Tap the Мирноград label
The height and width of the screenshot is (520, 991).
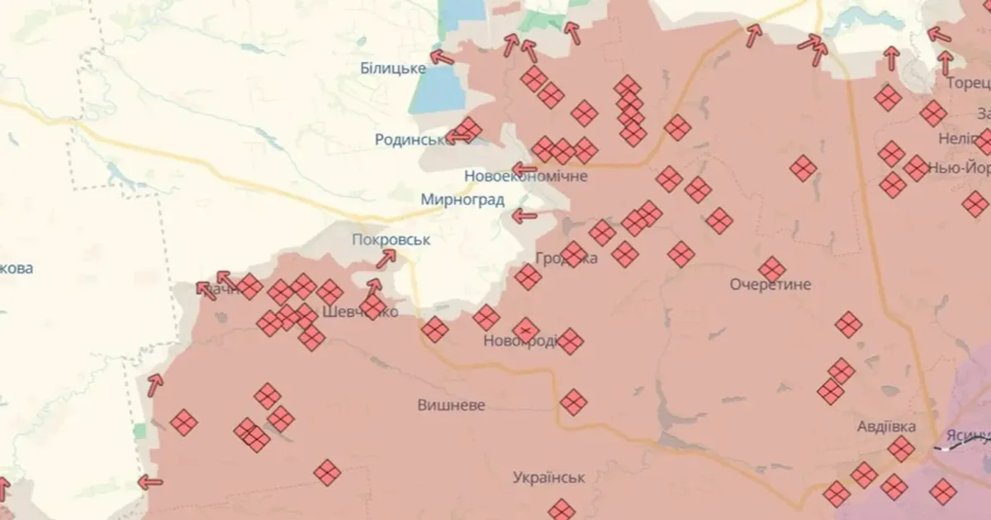[x=462, y=199]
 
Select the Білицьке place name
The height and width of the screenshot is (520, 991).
[x=393, y=68]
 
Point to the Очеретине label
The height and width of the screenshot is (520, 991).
[x=771, y=285]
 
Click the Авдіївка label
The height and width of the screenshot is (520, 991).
[x=886, y=427]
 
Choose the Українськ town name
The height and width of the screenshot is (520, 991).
[x=548, y=477]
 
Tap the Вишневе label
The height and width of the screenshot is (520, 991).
[x=451, y=405]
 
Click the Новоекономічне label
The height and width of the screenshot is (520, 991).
[x=525, y=176]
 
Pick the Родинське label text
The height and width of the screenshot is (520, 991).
[x=410, y=139]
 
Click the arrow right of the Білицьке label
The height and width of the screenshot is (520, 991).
[x=442, y=58]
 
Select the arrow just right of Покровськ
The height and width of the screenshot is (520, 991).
[x=385, y=259]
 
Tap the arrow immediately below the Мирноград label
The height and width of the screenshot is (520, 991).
[x=524, y=217]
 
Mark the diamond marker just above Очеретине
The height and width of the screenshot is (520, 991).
[x=772, y=269]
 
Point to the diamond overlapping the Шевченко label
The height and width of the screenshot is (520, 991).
[x=372, y=308]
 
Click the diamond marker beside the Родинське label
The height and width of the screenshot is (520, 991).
[x=468, y=130]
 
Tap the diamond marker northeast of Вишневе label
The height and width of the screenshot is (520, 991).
[x=573, y=403]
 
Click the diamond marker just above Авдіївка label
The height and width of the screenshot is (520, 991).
[x=901, y=449]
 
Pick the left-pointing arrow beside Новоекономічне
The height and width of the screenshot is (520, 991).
[x=524, y=169]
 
